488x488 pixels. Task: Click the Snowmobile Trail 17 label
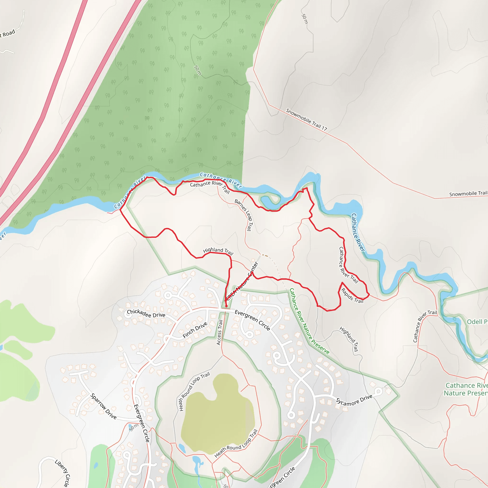coord(306,119)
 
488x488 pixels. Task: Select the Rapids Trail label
coord(352,296)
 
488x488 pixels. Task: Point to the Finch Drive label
coord(195,330)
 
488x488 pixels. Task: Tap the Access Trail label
coord(219,332)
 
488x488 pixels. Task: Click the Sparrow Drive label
coord(104,407)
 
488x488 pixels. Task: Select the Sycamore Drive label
coord(354,400)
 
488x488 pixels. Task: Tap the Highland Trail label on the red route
coord(218,251)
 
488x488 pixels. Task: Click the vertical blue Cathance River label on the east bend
coord(358,232)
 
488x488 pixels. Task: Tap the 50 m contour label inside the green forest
coord(198,70)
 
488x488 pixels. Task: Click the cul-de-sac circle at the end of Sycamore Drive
coord(378,392)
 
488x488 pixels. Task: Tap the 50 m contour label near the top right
coord(305,19)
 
